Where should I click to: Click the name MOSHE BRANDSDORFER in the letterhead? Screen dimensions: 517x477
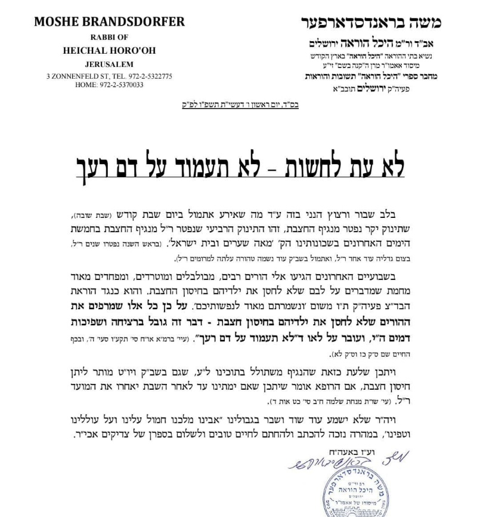[109, 22]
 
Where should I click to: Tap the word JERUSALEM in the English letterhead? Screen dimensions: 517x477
[109, 64]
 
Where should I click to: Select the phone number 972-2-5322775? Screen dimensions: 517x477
[147, 76]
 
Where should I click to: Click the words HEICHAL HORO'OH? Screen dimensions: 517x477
[109, 51]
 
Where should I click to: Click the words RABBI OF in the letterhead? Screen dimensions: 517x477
[109, 38]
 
